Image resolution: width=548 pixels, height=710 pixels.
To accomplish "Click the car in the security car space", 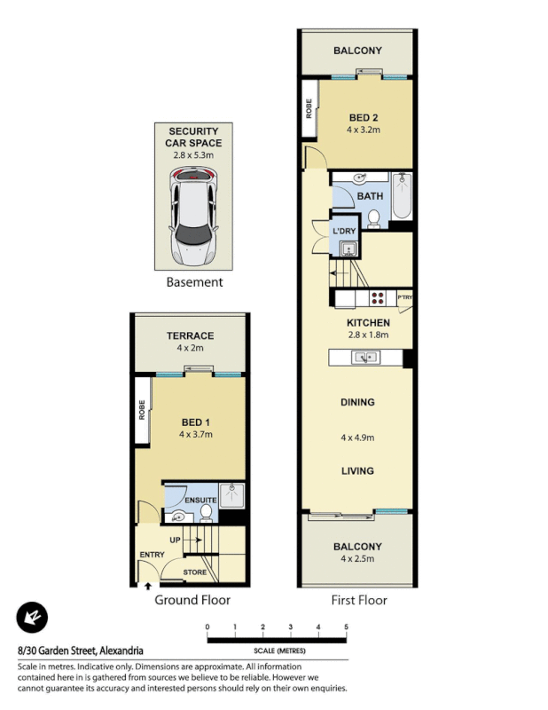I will click(x=193, y=217).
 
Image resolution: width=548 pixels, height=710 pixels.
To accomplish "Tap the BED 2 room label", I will click(x=364, y=118).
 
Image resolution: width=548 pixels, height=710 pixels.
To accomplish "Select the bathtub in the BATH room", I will click(x=402, y=197).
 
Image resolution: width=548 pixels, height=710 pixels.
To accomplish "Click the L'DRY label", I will click(x=343, y=232).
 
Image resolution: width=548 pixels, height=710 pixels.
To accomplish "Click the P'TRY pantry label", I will click(x=405, y=297).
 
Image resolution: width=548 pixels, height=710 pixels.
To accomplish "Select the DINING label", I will click(x=357, y=402).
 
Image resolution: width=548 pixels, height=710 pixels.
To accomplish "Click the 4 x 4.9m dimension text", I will click(x=357, y=438).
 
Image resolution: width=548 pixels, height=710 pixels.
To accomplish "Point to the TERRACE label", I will click(x=190, y=336).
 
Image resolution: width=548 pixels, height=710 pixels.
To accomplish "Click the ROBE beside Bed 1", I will click(x=142, y=409).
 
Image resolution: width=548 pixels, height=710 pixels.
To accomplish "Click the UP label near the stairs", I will click(x=175, y=538).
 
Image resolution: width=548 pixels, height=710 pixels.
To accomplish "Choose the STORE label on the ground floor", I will click(x=195, y=572).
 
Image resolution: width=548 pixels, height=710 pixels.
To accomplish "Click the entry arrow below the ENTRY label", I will click(x=146, y=585).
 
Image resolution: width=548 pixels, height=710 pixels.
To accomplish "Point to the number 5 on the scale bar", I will click(x=346, y=627).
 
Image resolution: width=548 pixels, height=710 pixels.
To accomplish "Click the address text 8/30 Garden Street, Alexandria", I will click(x=80, y=651).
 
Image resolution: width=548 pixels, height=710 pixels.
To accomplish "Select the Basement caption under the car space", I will click(x=194, y=282).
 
